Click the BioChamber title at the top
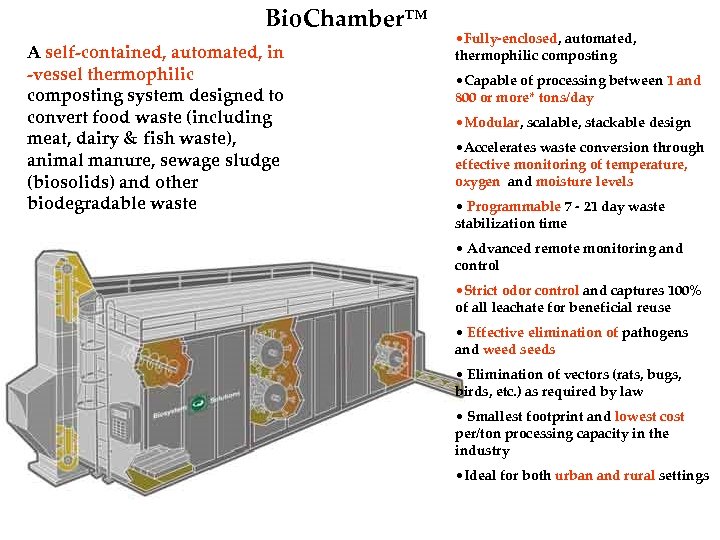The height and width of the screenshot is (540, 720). (x=346, y=18)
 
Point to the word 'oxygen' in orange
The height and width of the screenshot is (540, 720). (x=477, y=182)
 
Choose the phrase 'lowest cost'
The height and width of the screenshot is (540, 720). (x=649, y=417)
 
